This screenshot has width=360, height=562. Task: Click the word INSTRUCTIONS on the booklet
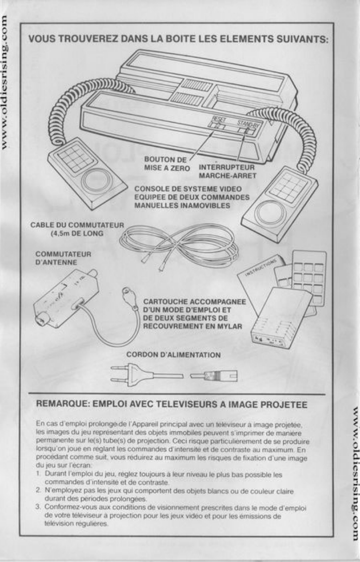click(x=260, y=268)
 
